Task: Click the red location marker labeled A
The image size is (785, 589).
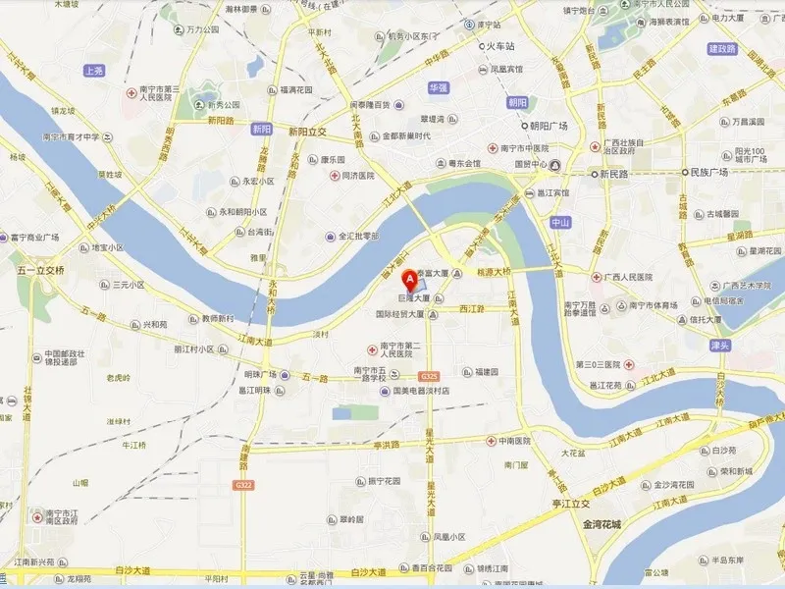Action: (x=410, y=278)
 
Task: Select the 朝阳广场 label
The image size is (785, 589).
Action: (x=549, y=127)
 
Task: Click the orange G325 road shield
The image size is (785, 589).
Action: (x=429, y=376)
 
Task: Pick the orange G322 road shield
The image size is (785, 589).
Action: (x=243, y=485)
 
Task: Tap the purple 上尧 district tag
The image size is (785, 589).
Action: (x=94, y=71)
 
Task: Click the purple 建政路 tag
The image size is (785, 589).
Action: (x=721, y=48)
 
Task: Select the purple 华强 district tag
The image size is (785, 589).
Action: (x=437, y=86)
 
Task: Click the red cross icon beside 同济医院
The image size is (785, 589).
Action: (x=333, y=176)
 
